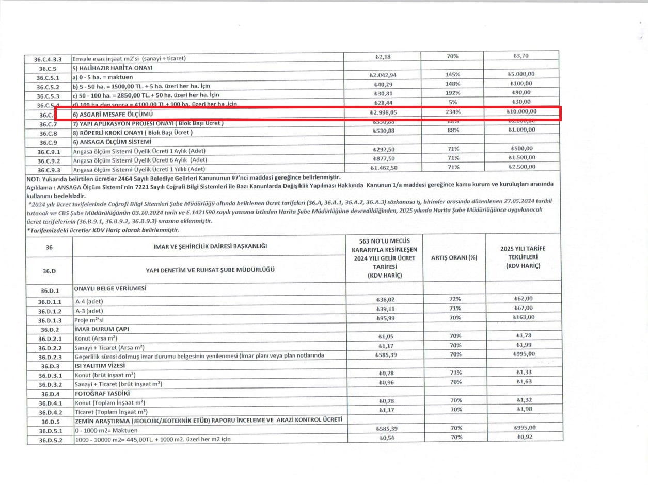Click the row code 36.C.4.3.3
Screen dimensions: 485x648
[48, 59]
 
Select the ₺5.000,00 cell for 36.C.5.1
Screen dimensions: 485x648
[522, 74]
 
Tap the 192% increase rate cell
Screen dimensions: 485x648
[452, 93]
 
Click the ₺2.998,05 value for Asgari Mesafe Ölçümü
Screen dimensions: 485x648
[383, 112]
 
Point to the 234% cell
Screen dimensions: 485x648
[452, 111]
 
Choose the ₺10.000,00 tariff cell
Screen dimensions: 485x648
[522, 111]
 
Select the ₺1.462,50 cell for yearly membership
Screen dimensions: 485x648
[383, 168]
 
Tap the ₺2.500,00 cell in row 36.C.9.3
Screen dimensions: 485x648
[522, 167]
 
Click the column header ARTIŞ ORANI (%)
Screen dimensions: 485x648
[453, 257]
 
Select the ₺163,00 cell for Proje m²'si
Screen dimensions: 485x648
[523, 317]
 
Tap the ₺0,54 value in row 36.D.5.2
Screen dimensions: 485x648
[384, 438]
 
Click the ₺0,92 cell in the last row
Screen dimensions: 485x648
[523, 437]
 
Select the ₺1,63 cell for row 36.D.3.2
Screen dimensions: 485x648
[523, 382]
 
